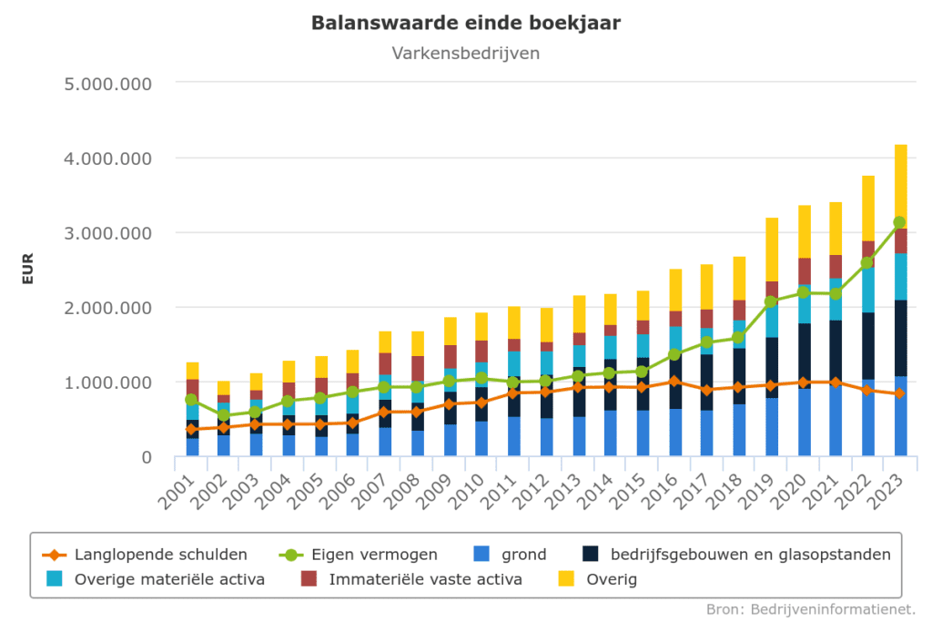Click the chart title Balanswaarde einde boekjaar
pyautogui.click(x=466, y=23)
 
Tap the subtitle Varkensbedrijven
pyautogui.click(x=466, y=53)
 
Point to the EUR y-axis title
pyautogui.click(x=27, y=270)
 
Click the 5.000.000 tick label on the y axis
pyautogui.click(x=107, y=84)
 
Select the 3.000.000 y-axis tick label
pyautogui.click(x=107, y=233)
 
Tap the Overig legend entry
pyautogui.click(x=612, y=579)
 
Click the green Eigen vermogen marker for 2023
pyautogui.click(x=900, y=222)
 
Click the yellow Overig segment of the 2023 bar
pyautogui.click(x=900, y=182)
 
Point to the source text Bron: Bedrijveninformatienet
pyautogui.click(x=811, y=608)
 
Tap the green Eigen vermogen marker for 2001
pyautogui.click(x=192, y=400)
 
